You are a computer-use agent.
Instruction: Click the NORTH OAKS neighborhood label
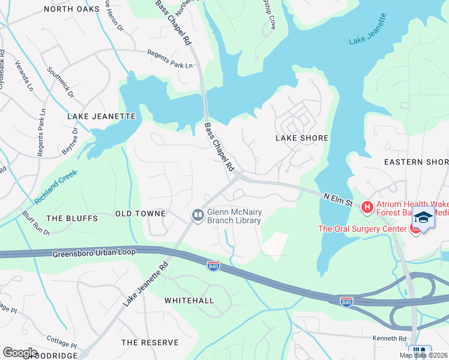(71, 9)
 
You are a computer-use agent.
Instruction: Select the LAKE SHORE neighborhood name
(301, 138)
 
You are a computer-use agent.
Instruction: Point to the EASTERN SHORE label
(416, 162)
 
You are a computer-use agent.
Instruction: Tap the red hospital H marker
(367, 207)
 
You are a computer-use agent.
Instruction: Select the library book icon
(197, 215)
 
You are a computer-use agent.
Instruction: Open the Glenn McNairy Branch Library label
(234, 216)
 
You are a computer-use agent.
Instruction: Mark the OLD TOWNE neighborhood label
(140, 214)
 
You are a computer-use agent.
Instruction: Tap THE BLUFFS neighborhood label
(71, 218)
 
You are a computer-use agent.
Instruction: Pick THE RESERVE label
(150, 343)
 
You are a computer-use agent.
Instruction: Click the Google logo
(20, 353)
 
